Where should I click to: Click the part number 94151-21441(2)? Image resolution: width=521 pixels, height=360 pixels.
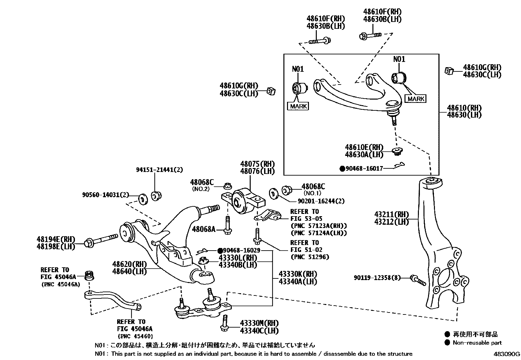[x=159, y=170]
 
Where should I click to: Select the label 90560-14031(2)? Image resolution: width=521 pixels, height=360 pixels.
[x=105, y=195]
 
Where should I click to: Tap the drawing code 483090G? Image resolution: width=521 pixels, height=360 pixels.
[x=507, y=354]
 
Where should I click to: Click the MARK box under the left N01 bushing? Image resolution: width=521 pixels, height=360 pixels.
[x=298, y=106]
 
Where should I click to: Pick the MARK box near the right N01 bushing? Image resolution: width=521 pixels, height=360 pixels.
[x=416, y=99]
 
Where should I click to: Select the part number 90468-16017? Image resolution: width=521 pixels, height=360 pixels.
[x=364, y=169]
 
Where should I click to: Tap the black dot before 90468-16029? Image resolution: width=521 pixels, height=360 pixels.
[x=220, y=251]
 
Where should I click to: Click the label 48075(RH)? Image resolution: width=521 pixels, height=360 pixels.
[x=257, y=164]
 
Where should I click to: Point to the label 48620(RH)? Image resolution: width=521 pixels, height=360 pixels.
[x=129, y=264]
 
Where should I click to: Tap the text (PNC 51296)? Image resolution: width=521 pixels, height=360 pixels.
[x=310, y=257]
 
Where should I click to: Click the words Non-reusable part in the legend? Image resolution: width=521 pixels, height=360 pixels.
[x=477, y=343]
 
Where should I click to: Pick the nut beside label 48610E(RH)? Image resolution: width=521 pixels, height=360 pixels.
[x=397, y=151]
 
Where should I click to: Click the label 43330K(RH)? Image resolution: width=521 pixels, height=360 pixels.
[x=297, y=274]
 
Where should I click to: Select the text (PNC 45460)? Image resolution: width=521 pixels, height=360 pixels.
[x=135, y=336]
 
